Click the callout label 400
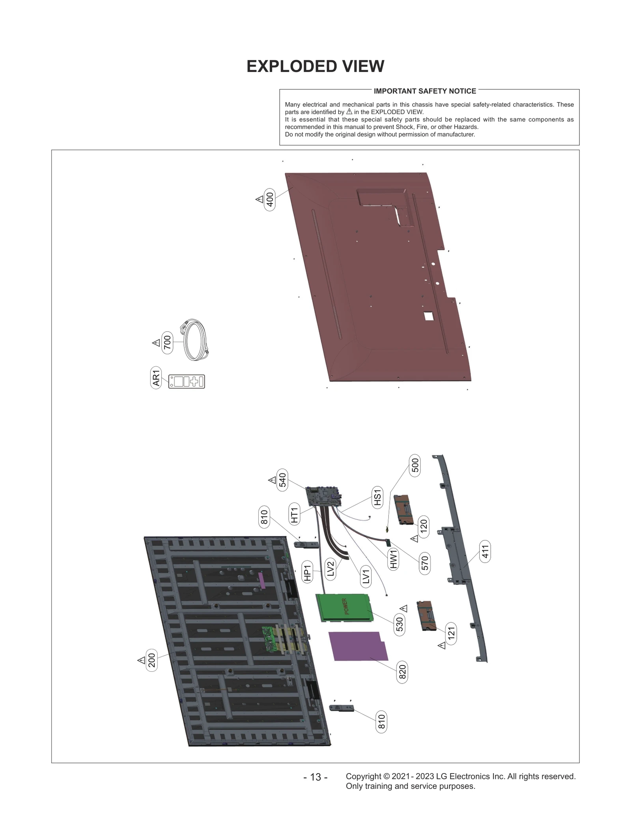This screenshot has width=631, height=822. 270,200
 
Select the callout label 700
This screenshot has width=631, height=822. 168,342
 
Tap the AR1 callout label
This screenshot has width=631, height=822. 156,378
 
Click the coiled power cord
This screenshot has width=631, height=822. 195,340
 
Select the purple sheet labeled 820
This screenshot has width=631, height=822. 358,651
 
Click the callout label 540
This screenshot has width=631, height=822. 282,480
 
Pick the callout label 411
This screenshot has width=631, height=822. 485,551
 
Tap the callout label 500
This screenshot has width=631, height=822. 415,465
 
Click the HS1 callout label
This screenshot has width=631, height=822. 377,497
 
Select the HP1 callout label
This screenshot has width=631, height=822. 307,571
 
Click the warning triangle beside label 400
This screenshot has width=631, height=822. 259,200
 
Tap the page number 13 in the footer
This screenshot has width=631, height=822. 315,777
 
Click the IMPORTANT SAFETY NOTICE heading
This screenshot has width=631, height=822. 425,91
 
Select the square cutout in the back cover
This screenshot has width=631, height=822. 428,315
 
